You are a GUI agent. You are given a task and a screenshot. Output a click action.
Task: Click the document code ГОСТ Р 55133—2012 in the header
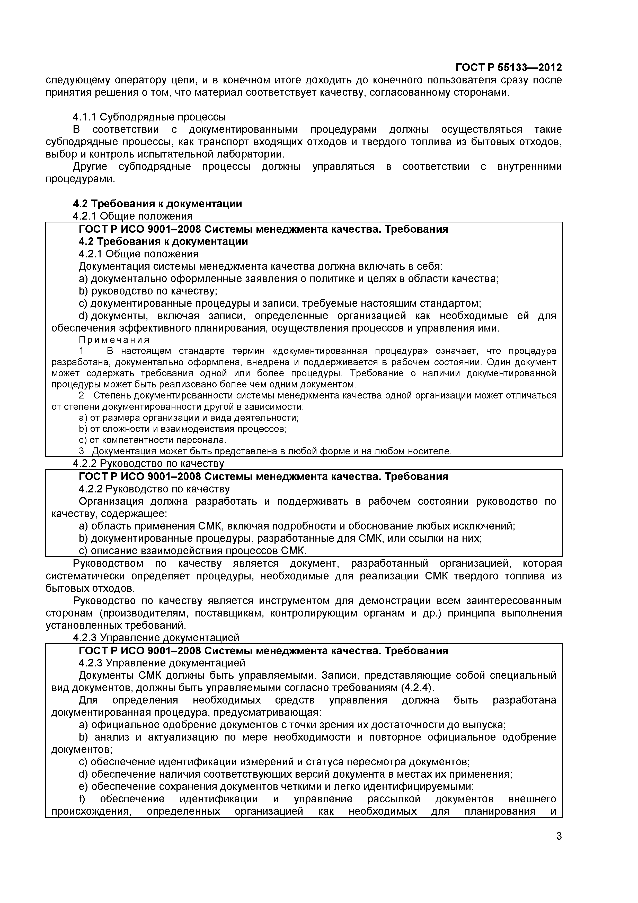coord(508,68)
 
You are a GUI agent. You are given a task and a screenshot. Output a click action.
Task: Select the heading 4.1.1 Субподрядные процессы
coord(149,117)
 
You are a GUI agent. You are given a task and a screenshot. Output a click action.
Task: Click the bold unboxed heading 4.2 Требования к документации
coord(157,204)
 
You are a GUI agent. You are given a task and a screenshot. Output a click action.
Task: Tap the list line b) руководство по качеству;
coord(148,291)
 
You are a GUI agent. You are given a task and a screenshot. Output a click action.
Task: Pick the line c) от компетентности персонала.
coord(153,440)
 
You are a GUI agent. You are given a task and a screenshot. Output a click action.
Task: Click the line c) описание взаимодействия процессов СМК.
coord(193,551)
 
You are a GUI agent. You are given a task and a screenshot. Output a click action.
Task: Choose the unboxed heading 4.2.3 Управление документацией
coord(156,638)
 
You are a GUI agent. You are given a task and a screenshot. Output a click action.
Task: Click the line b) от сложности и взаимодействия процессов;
coord(182,429)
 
